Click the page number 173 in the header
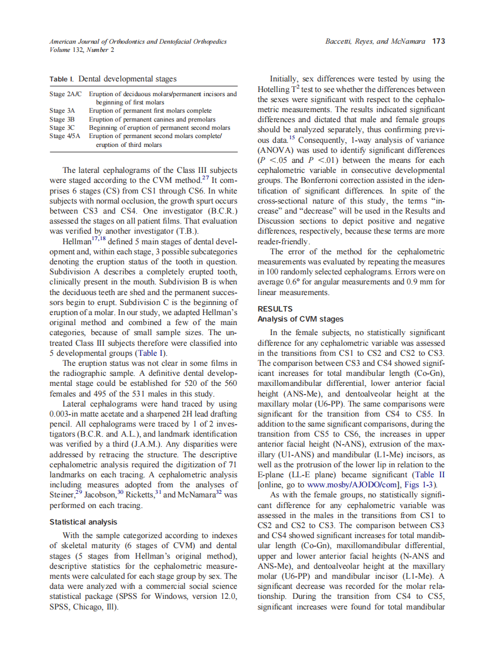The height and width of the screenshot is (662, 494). click(x=438, y=41)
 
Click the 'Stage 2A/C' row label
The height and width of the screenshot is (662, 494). click(x=66, y=94)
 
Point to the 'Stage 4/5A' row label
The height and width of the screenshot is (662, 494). click(x=66, y=136)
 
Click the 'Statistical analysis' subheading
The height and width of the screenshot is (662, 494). click(x=83, y=522)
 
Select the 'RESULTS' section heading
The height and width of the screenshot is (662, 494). click(x=275, y=309)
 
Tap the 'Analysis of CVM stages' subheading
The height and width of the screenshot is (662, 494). click(x=301, y=319)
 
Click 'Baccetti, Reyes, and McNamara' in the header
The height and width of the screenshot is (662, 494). click(x=376, y=41)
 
